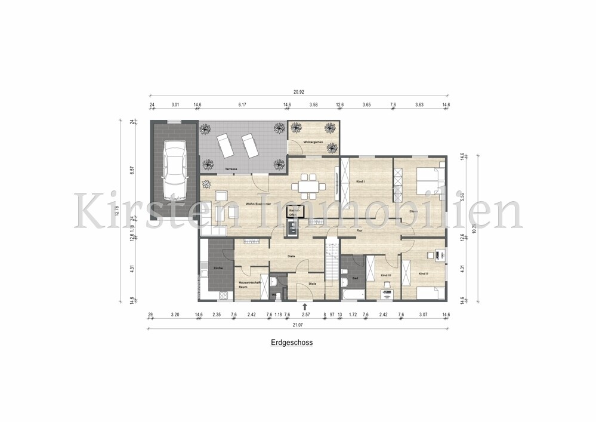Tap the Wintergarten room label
click(x=313, y=142)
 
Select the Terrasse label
click(x=232, y=169)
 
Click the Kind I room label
click(x=360, y=180)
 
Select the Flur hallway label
click(x=360, y=230)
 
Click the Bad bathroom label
click(x=354, y=278)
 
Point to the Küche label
click(x=218, y=268)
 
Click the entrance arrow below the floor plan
click(x=305, y=307)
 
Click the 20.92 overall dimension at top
click(x=299, y=92)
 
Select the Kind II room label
click(x=424, y=273)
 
